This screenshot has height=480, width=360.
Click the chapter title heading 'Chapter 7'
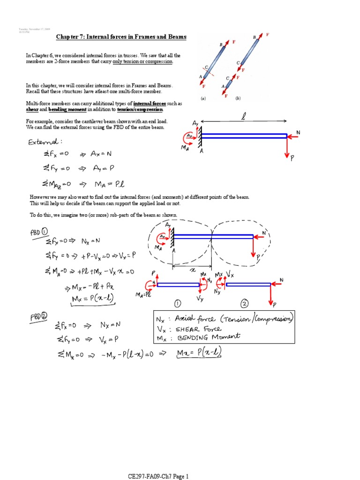(121, 37)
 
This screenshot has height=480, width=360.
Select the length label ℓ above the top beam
(244, 115)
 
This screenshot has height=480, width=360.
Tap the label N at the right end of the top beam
(298, 133)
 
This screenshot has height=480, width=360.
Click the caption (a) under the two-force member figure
(203, 98)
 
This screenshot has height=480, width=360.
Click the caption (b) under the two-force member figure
(238, 98)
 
